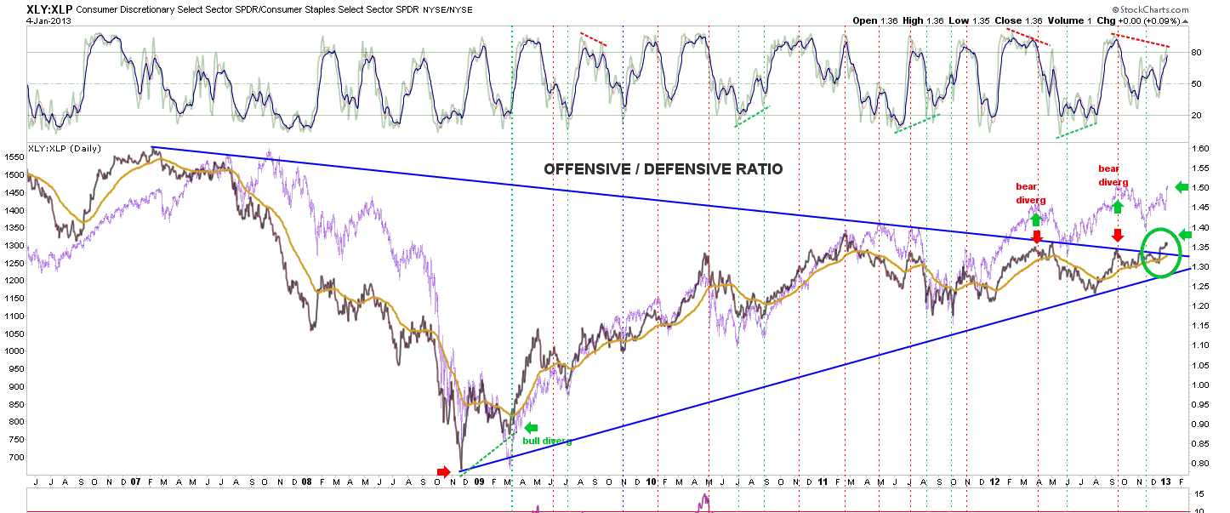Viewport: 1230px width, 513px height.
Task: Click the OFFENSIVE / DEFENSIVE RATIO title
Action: click(663, 169)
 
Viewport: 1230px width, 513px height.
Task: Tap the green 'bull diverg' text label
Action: click(547, 441)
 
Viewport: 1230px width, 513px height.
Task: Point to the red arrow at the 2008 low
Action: click(443, 472)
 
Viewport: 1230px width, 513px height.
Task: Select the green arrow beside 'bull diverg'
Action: click(531, 428)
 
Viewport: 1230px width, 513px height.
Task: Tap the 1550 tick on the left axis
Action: click(14, 157)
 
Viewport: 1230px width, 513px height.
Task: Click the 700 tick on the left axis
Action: click(17, 457)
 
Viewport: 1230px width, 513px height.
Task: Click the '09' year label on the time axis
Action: click(479, 482)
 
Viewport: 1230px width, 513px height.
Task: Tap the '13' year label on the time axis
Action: click(1165, 482)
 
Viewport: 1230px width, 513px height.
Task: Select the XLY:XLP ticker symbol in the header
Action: click(49, 9)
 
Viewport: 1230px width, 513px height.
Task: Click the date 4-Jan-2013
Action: click(48, 21)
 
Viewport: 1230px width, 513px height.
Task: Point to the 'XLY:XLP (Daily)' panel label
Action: click(65, 148)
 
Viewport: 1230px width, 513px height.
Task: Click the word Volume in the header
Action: click(1066, 21)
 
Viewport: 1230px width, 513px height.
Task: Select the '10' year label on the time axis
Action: click(651, 482)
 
